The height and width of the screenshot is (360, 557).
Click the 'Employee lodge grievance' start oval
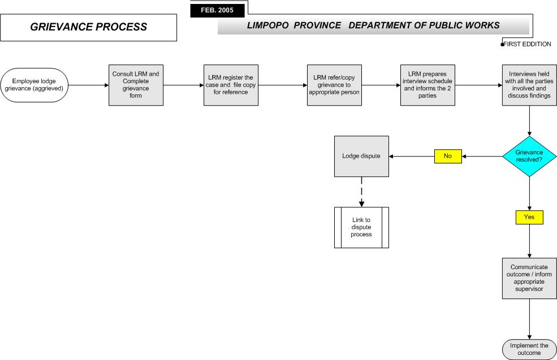coord(34,85)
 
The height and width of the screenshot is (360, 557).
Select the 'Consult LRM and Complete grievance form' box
coord(136,85)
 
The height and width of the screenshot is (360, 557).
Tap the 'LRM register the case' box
coord(231,85)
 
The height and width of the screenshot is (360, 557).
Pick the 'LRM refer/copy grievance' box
coord(334,85)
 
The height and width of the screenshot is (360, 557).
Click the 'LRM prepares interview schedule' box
coord(428,85)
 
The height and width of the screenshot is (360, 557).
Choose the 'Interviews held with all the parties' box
coord(529,85)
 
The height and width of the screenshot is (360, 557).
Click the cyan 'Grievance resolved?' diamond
coord(529,156)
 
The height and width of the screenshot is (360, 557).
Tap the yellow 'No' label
coord(448,156)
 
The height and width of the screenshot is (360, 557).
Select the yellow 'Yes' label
coord(529,217)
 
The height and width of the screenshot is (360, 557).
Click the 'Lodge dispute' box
coord(361,156)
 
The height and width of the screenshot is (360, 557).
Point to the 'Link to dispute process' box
coord(361,228)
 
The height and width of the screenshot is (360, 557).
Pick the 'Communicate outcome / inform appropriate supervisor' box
coord(529,279)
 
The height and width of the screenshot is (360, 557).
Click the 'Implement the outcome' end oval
coord(529,349)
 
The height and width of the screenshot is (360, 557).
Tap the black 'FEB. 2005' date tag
coord(217,10)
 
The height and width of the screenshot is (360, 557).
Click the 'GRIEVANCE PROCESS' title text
coord(88,27)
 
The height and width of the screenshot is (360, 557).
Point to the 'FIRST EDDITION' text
coord(528,45)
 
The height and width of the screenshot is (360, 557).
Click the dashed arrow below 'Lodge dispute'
coord(361,192)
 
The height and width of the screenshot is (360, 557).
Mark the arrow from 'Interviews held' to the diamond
coord(529,121)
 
